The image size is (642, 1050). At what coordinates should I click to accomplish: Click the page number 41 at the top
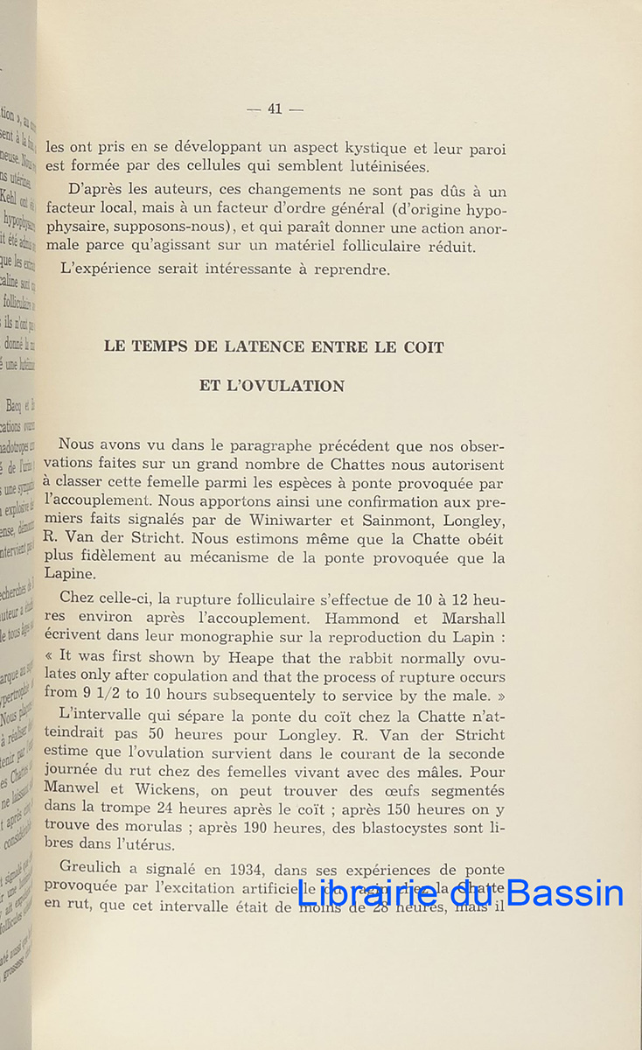[275, 109]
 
